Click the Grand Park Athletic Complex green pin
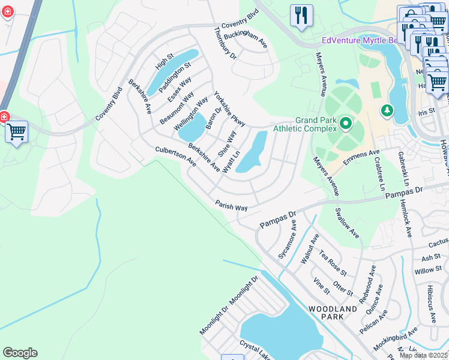point(346,124)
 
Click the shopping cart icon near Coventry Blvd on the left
point(16,131)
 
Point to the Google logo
point(20,353)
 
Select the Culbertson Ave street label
point(176,157)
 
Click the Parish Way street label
point(232,206)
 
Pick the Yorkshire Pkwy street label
point(230,109)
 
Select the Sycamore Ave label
point(288,239)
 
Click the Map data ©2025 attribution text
point(423,355)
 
